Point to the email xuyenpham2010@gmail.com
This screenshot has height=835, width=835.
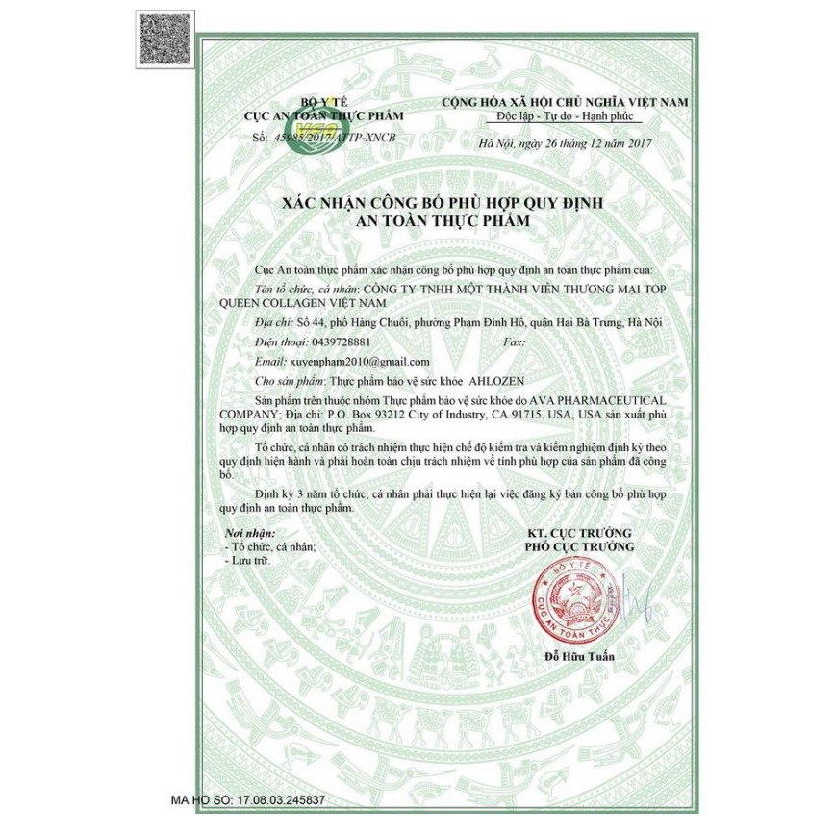point(359,361)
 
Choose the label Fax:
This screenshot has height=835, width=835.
point(515,342)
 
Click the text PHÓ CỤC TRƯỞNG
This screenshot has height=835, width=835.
point(579,546)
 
